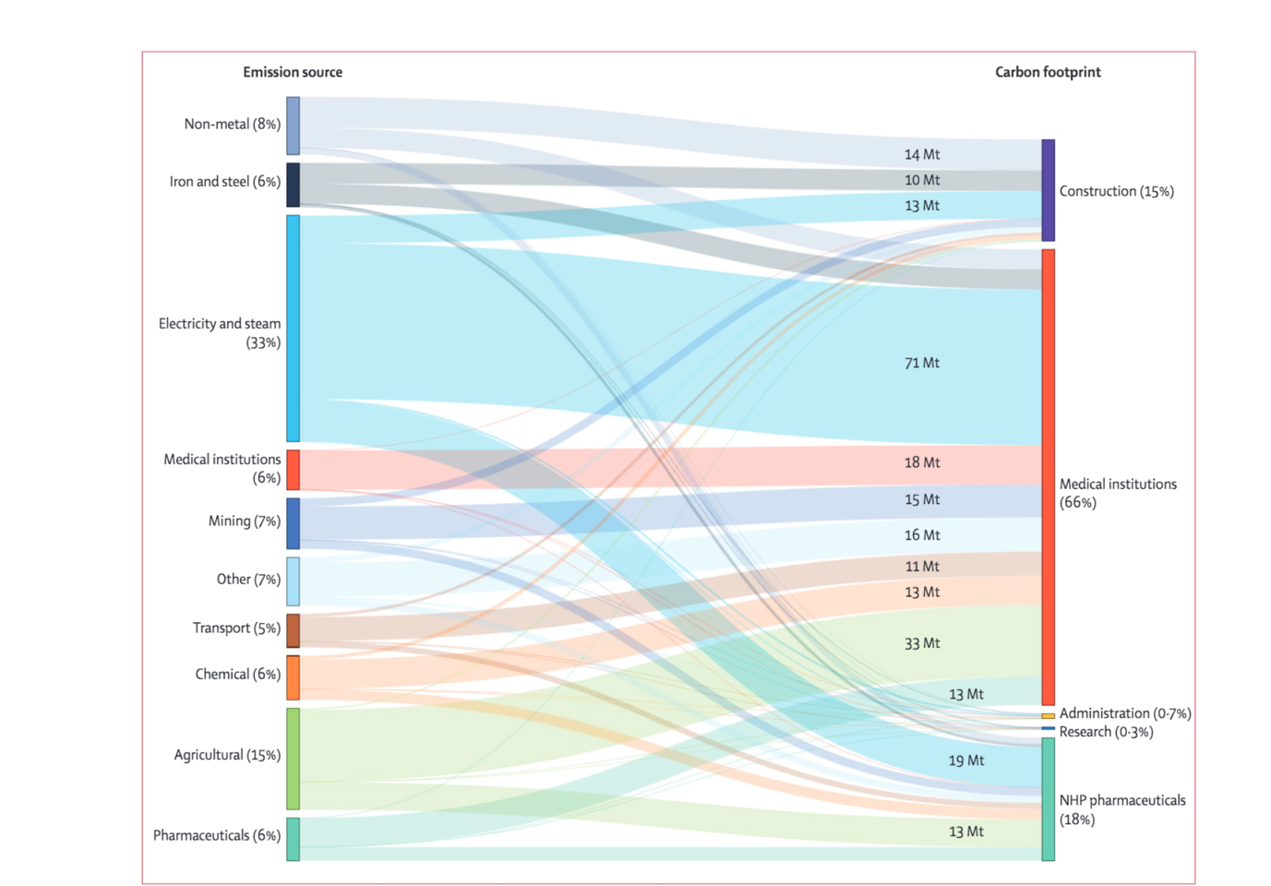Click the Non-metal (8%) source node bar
tap(293, 126)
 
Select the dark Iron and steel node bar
tap(293, 185)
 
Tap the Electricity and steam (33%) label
tap(220, 333)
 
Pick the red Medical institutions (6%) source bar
tap(293, 470)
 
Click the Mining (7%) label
tap(245, 521)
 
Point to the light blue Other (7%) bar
tap(293, 581)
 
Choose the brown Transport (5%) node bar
tap(293, 631)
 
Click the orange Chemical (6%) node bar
tap(293, 678)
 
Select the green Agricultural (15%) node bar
tap(293, 759)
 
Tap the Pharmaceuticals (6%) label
tap(217, 835)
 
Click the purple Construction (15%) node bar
tap(1048, 190)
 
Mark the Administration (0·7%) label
tap(1125, 713)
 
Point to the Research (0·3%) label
tap(1106, 732)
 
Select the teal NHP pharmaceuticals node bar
tap(1048, 799)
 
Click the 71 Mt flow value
tap(922, 364)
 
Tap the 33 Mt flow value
tap(922, 643)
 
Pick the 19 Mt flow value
tap(966, 760)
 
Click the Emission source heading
tap(293, 72)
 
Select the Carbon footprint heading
tap(1048, 72)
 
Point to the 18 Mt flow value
tap(922, 462)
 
